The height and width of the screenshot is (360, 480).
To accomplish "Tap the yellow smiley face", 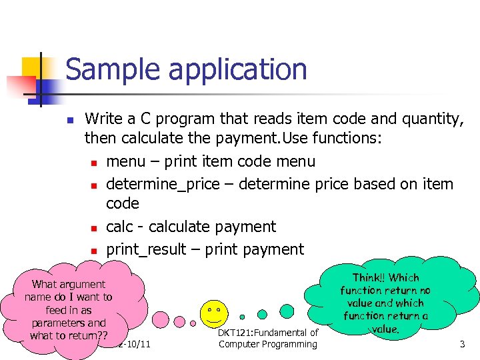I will tap(214, 311).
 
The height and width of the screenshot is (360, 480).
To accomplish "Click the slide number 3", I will tap(462, 344).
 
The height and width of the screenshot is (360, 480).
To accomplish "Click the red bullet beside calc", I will tap(94, 228).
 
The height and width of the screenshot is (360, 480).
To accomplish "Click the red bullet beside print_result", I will tap(94, 251).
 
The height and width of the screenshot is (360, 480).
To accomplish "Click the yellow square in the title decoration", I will tap(33, 67).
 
